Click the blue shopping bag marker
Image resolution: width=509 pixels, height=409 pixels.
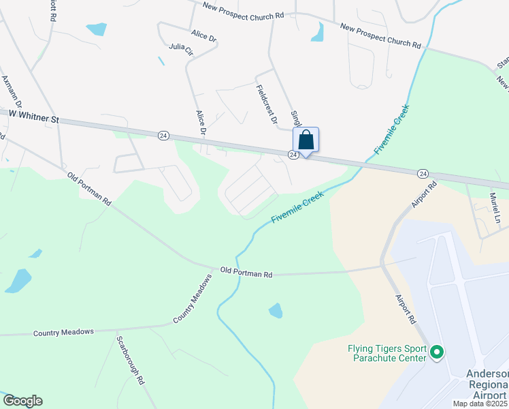click(x=306, y=140)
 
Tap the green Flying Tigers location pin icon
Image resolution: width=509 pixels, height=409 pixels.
click(x=437, y=353)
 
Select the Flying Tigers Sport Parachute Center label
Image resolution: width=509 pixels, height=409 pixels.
click(x=387, y=353)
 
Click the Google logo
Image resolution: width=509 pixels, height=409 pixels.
click(x=22, y=401)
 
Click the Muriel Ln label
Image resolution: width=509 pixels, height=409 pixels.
click(x=495, y=208)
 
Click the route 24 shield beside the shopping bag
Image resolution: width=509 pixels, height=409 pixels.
click(x=293, y=155)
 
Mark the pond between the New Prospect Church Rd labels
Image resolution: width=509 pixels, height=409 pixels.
click(x=317, y=32)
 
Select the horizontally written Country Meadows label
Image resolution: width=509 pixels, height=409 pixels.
click(x=63, y=333)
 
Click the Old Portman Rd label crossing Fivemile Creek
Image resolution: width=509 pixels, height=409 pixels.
click(x=246, y=273)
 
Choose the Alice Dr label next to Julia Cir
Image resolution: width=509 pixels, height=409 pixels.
click(x=203, y=35)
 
